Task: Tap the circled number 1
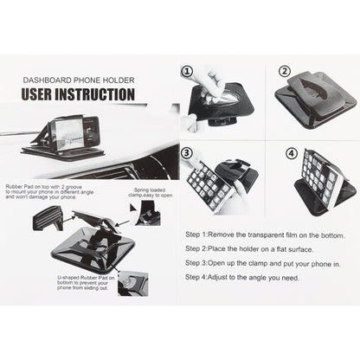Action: point(187,72)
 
